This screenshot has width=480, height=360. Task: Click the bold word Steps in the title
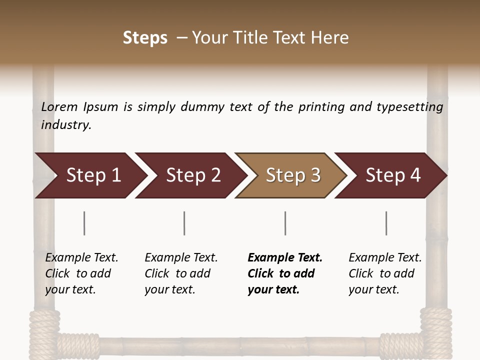click(145, 38)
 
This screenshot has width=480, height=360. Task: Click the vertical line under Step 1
click(84, 223)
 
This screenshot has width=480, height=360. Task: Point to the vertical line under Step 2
click(184, 223)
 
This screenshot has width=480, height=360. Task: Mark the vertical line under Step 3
click(285, 223)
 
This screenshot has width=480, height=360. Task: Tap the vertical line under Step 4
click(386, 223)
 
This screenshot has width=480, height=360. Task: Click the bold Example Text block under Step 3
click(285, 273)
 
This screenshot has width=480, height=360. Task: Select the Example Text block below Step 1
click(81, 273)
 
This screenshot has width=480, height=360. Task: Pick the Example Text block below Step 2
click(181, 273)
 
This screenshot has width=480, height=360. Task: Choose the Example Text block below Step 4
click(385, 273)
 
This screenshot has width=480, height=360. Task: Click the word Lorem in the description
click(59, 106)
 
